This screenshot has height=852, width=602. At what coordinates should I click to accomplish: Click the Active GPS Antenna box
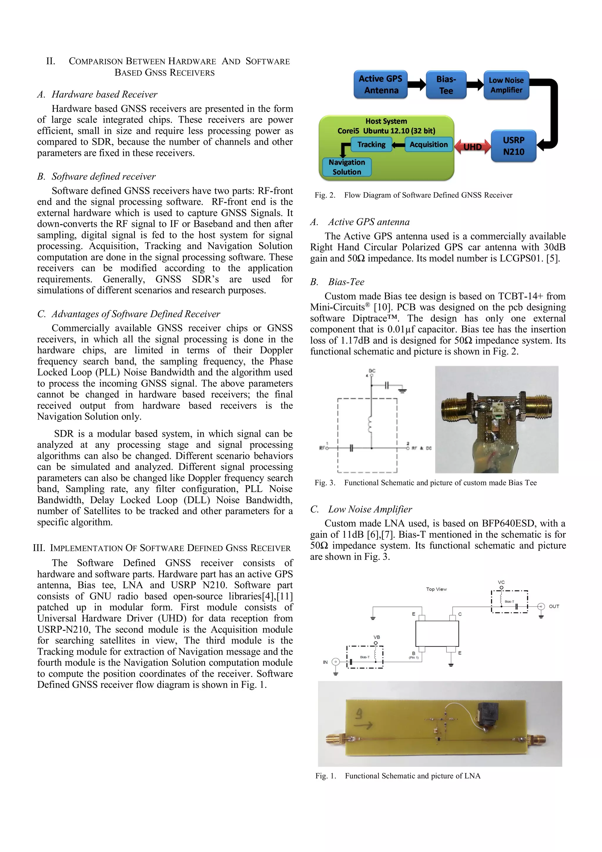click(x=380, y=84)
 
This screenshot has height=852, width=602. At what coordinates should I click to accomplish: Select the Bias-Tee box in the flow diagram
click(x=446, y=84)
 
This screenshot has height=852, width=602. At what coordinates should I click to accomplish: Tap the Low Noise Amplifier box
click(x=506, y=85)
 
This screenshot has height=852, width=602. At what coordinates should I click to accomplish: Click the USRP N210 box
click(x=514, y=146)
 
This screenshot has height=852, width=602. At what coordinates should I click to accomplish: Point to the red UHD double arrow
click(x=472, y=147)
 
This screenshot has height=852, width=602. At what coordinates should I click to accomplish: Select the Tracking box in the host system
click(x=371, y=144)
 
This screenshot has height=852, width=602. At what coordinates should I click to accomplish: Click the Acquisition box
click(x=429, y=144)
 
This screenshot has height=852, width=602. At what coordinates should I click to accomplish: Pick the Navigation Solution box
click(x=347, y=167)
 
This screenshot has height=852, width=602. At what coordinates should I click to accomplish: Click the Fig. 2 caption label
click(x=325, y=195)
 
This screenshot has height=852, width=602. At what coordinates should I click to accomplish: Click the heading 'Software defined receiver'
click(x=103, y=176)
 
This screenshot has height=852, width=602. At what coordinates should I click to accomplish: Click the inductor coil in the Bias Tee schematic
click(x=370, y=425)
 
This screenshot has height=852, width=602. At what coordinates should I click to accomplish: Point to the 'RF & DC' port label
click(x=422, y=448)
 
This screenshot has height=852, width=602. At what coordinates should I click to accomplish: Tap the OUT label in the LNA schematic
click(x=554, y=606)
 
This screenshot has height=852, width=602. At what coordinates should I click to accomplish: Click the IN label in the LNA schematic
click(x=325, y=662)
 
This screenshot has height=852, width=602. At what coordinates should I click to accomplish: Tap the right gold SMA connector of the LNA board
click(x=535, y=740)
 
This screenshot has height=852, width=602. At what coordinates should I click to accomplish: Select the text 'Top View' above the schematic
click(x=436, y=589)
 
